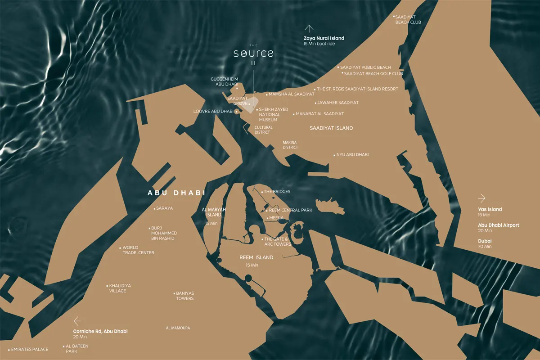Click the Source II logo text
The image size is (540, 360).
point(253,54)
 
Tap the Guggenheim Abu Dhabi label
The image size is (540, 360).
point(224,81)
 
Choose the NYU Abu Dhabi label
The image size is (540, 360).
point(352,155)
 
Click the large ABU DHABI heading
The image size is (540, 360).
point(176,193)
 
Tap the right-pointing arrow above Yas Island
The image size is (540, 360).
point(482,198)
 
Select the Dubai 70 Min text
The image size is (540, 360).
point(485,243)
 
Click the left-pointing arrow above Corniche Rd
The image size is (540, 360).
point(77,321)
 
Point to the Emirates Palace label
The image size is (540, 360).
point(29,349)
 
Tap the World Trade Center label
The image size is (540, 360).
point(138,250)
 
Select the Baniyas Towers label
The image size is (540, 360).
point(184,296)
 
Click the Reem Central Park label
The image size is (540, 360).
point(290,210)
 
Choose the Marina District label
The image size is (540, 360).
point(290,145)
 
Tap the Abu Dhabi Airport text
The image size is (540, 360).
point(499,225)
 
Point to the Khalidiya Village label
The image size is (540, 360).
point(117,288)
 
